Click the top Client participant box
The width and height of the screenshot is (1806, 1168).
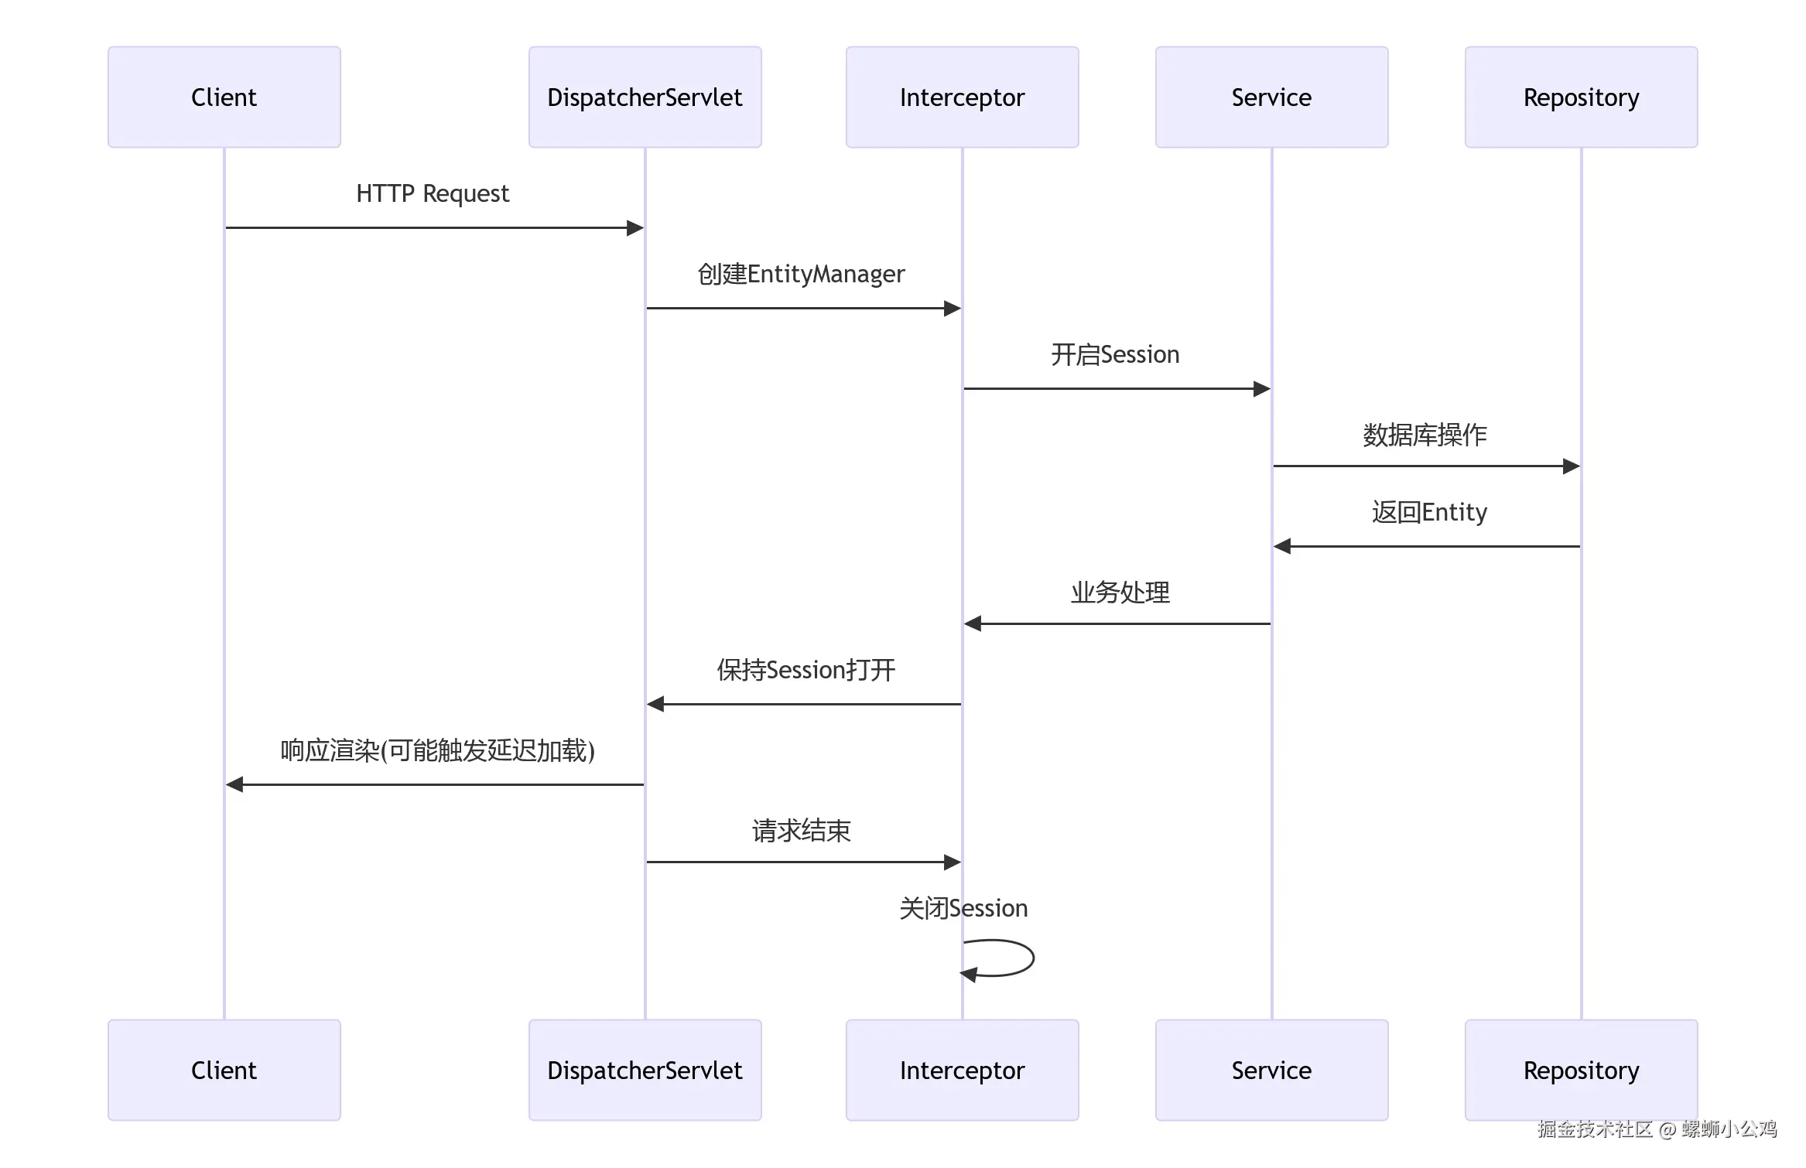[x=224, y=97]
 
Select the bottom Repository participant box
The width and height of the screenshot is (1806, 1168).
[x=1581, y=1070]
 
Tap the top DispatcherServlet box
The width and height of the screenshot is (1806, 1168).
[x=645, y=97]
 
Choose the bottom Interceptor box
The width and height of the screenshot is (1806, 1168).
[x=962, y=1070]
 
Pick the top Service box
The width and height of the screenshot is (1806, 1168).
[x=1271, y=97]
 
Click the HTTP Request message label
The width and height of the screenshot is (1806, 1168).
[x=433, y=193]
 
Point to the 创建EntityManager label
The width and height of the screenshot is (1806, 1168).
[x=801, y=274]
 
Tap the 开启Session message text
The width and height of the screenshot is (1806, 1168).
[x=1115, y=354]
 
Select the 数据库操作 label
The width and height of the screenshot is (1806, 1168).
[x=1425, y=435]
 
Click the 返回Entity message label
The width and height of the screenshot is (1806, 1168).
[x=1429, y=512]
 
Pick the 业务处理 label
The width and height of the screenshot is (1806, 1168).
[x=1120, y=593]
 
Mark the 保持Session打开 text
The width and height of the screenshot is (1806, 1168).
[x=806, y=670]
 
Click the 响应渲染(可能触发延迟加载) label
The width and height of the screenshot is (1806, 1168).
[x=437, y=750]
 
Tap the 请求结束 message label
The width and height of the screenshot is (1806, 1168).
[x=801, y=831]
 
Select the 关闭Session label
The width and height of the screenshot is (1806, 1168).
[x=963, y=908]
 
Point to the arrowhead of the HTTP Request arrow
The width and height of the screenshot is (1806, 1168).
[x=635, y=227]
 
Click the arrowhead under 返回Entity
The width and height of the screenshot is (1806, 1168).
[x=1282, y=546]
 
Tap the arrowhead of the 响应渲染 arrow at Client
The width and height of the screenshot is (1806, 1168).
[x=234, y=784]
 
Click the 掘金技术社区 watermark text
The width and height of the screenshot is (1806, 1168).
[x=1594, y=1129]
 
